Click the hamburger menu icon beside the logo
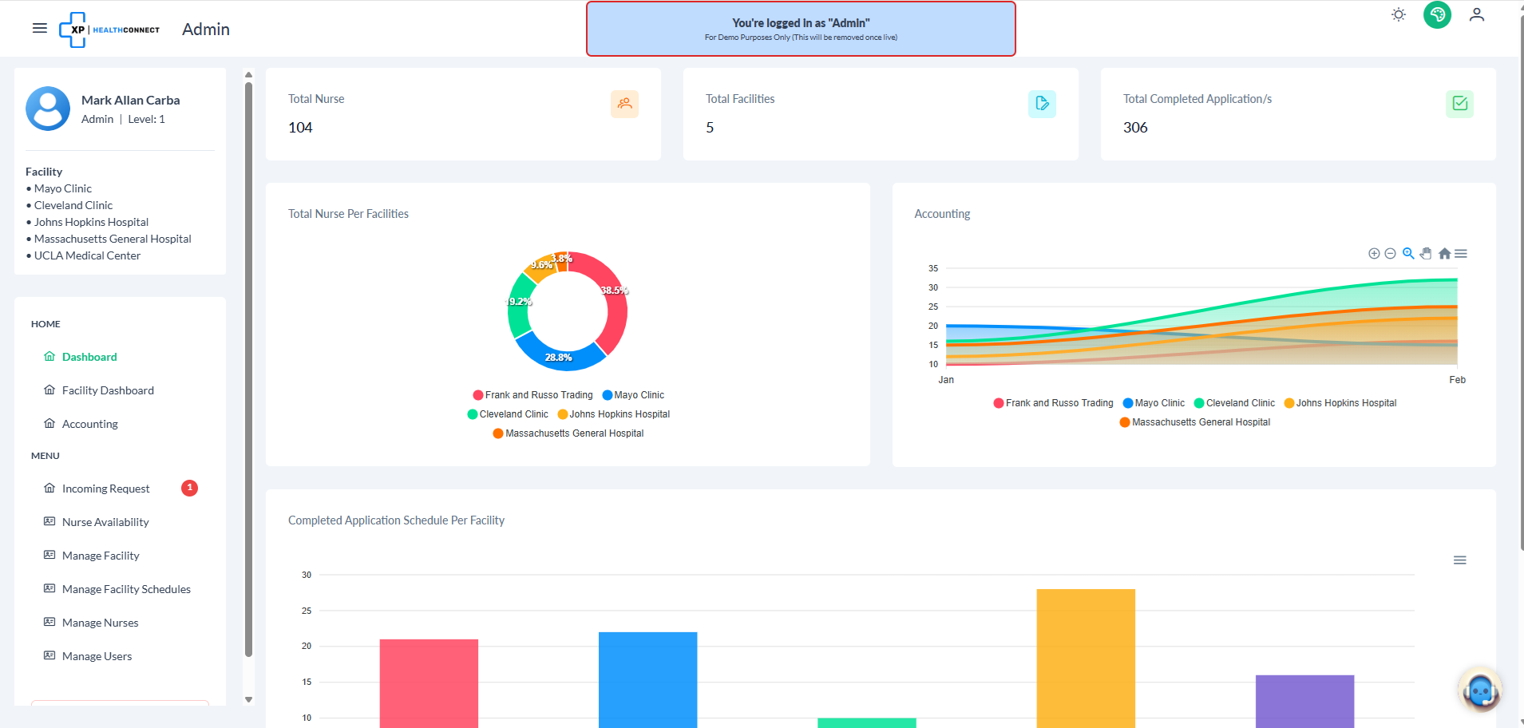click(x=39, y=29)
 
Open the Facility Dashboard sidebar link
click(x=108, y=390)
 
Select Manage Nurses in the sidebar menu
click(x=100, y=623)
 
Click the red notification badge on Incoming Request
click(x=189, y=488)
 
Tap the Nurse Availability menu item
click(x=105, y=522)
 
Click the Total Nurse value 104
click(x=300, y=128)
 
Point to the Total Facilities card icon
click(x=1042, y=104)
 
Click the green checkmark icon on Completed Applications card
click(x=1459, y=104)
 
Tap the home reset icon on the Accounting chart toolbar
click(x=1444, y=254)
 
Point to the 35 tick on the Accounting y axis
click(x=933, y=268)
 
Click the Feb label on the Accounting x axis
click(x=1457, y=380)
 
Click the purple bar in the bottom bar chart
click(x=1304, y=701)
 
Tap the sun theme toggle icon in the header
click(x=1399, y=15)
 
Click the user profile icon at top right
click(x=1477, y=15)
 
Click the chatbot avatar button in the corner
click(x=1479, y=690)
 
